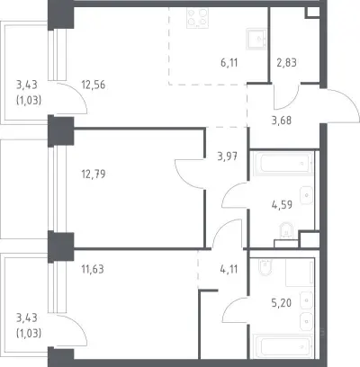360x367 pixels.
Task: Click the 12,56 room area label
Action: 94,85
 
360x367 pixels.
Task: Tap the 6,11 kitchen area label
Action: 229,63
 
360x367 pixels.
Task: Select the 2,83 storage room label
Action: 286,63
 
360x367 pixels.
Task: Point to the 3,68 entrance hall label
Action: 282,121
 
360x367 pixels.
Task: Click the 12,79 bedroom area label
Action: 94,174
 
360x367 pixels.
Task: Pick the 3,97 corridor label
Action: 228,157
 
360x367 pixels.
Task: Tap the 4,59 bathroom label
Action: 282,205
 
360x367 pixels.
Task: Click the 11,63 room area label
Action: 93,269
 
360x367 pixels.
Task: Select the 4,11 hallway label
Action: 229,269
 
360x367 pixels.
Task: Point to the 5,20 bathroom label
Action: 282,303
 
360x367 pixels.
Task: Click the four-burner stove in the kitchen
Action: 198,18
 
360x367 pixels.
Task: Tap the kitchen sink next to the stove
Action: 256,39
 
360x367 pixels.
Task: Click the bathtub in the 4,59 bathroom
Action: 283,164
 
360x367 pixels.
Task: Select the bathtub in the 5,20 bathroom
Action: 283,346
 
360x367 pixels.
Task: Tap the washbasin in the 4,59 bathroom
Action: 307,195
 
